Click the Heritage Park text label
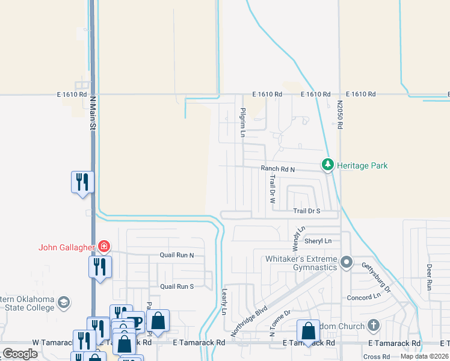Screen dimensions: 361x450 pos(362,165)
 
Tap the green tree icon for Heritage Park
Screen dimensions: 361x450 pos(327,164)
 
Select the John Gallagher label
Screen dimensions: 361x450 pos(67,247)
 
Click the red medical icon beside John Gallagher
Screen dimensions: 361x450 pos(104,246)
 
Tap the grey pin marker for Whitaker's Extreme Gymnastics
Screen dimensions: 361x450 pos(346,262)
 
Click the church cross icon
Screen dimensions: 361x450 pos(373,326)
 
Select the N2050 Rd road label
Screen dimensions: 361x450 pos(340,115)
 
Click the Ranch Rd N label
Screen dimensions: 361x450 pos(277,170)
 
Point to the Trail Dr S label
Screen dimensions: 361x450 pos(307,211)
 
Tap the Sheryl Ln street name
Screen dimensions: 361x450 pos(318,241)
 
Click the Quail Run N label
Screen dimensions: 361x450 pos(177,255)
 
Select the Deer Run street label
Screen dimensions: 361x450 pos(430,277)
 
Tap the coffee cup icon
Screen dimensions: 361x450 pos(133,321)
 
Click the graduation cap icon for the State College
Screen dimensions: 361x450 pos(64,301)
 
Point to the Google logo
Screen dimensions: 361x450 pos(20,354)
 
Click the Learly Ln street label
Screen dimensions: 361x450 pos(223,301)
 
